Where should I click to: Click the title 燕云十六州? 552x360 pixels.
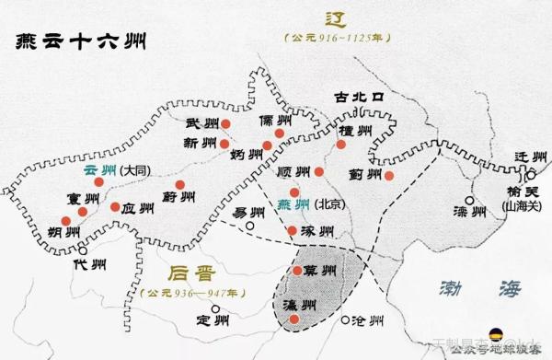(x=79, y=41)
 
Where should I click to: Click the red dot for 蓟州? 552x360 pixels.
(x=388, y=175)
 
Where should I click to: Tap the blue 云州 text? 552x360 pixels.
(x=99, y=170)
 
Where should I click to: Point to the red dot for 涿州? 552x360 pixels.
(x=292, y=230)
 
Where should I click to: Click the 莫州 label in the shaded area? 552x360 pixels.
(x=319, y=269)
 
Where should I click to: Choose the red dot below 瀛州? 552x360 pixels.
(x=293, y=319)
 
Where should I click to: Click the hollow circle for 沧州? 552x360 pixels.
(x=346, y=320)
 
